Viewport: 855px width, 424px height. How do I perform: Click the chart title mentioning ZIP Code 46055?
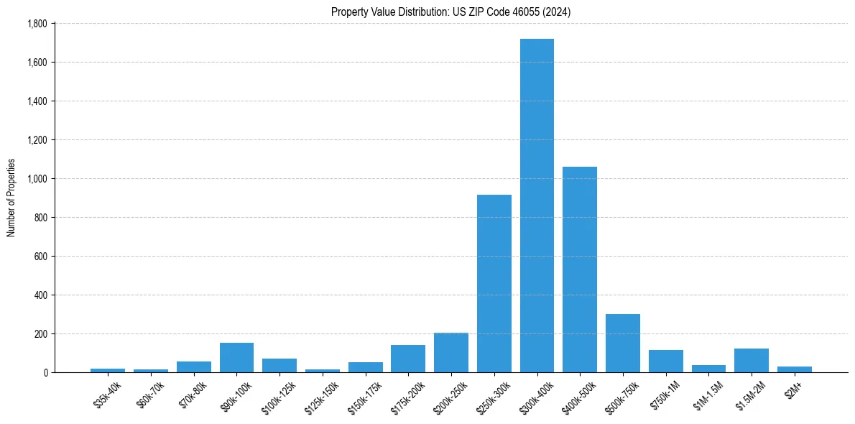450,11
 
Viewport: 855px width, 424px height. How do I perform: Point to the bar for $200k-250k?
451,352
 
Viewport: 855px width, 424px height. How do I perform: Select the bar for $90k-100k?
236,357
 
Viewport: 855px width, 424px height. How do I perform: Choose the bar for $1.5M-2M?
752,360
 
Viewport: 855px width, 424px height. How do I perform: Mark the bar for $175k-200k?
408,359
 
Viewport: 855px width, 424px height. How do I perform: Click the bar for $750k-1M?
666,361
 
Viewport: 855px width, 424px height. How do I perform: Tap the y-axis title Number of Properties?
11,198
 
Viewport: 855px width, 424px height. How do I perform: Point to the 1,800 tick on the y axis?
37,24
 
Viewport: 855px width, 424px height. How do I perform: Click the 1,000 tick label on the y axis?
37,178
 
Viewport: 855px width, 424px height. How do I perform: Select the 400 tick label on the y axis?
40,295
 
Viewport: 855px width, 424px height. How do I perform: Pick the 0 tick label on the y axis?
45,372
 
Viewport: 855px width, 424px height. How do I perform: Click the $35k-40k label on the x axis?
108,395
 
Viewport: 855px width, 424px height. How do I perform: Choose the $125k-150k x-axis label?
321,396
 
